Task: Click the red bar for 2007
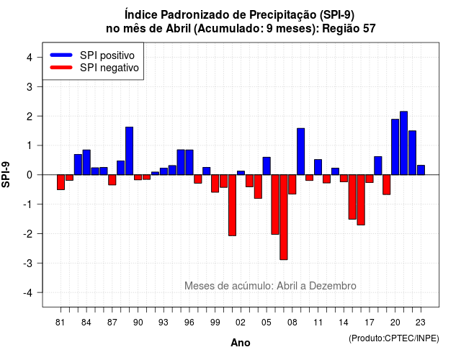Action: [x=283, y=217]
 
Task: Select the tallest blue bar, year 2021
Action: [x=403, y=143]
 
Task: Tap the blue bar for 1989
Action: [x=130, y=150]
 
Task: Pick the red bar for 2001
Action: [x=232, y=205]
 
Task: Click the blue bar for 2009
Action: [x=301, y=151]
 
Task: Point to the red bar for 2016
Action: [x=361, y=200]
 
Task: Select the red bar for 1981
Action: [x=61, y=182]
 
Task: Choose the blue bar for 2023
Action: [x=421, y=170]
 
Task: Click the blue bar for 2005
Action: [x=267, y=166]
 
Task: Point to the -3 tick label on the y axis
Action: [x=29, y=263]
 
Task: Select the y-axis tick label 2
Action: [x=30, y=116]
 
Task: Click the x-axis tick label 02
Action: [x=241, y=323]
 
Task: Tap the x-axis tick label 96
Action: [x=189, y=323]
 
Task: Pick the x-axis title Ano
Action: [x=241, y=343]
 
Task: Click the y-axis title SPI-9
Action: [x=6, y=174]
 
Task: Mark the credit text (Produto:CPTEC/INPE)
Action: [x=394, y=338]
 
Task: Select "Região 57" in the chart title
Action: [x=349, y=29]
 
